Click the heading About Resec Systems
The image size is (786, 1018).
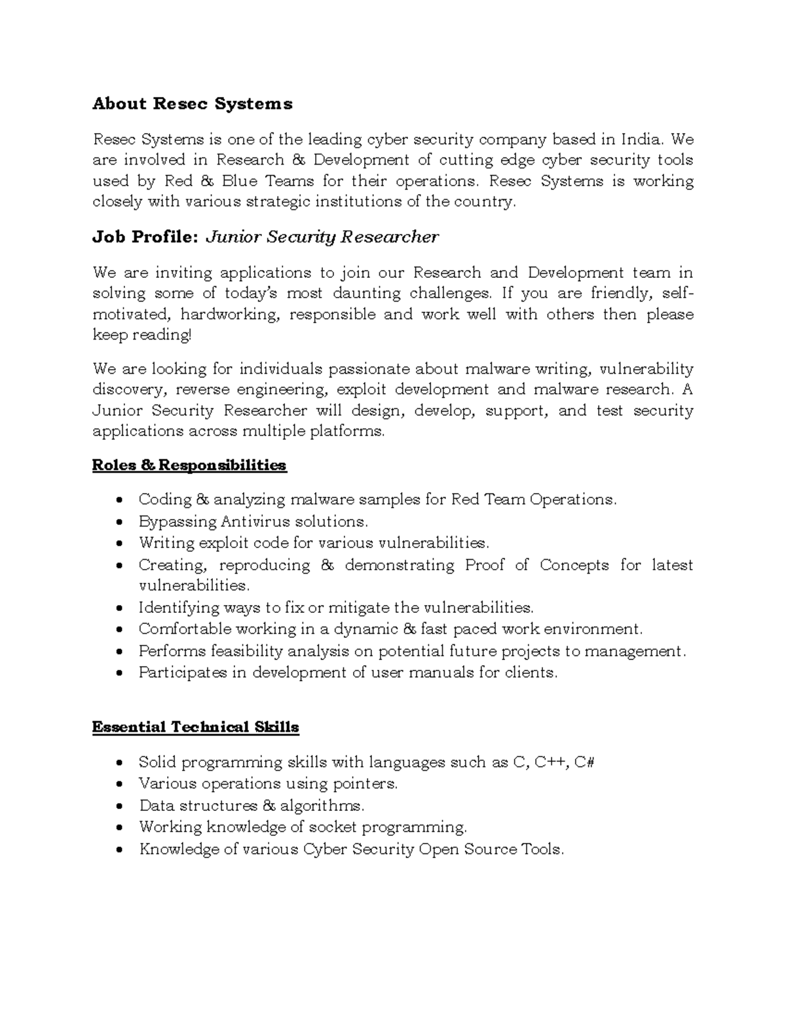193,104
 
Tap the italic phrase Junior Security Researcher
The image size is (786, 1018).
322,237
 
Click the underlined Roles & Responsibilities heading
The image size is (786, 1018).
189,465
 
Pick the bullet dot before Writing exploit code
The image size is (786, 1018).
119,544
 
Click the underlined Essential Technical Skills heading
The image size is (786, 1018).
195,727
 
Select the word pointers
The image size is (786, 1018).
365,784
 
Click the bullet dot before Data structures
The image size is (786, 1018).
119,806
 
